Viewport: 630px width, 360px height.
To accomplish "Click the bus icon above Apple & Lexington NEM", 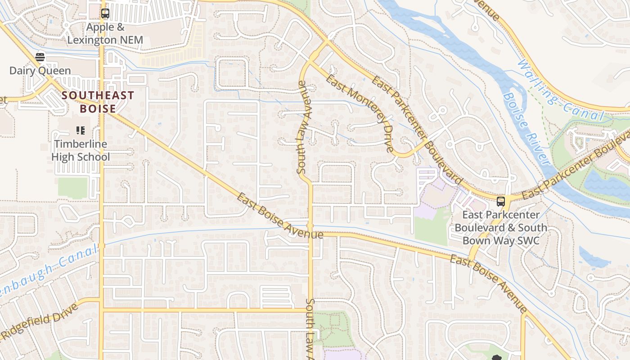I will click(105, 13).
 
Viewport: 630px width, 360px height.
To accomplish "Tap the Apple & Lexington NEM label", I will click(105, 34).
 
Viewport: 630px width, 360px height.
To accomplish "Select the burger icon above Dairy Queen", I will click(40, 57).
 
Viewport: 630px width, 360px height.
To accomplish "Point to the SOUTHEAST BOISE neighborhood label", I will click(98, 102).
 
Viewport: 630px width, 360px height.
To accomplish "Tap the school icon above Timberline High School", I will click(81, 130).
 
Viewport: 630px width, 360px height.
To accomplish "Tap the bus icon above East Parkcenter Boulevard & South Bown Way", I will click(500, 201).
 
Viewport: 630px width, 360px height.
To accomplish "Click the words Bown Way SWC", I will click(501, 240).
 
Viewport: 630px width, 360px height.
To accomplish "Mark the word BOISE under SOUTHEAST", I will click(98, 109).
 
